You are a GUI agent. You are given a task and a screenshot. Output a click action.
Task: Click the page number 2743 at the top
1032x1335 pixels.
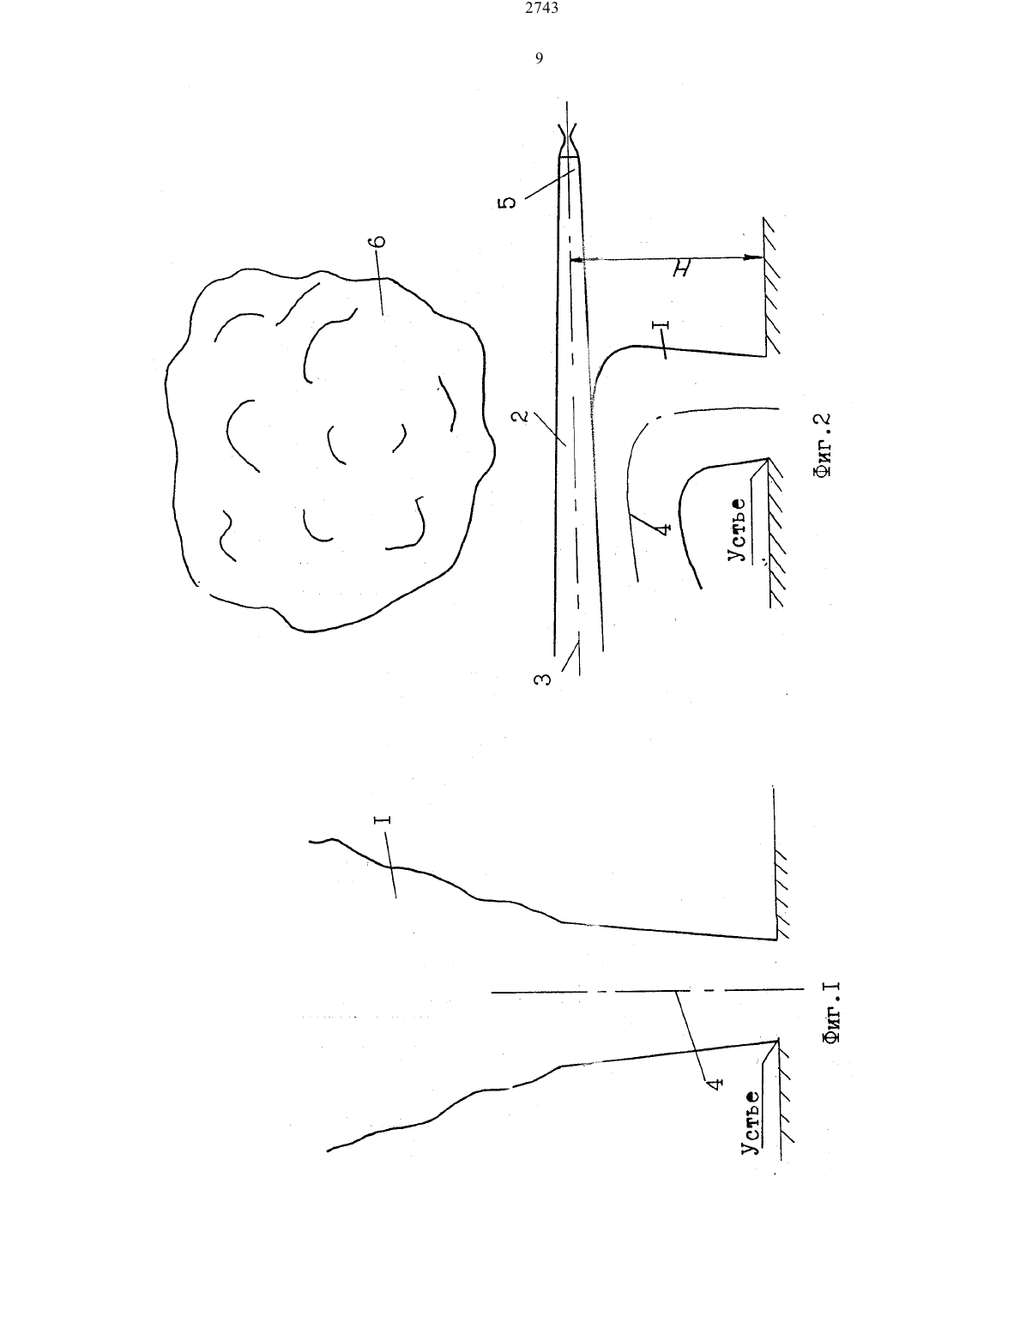click(x=542, y=8)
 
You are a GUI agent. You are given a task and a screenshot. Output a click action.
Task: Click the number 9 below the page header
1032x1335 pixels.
click(x=539, y=58)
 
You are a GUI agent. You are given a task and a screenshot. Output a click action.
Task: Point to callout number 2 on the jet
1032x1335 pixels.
click(x=521, y=415)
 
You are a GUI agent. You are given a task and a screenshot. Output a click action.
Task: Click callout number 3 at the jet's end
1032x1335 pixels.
click(x=542, y=679)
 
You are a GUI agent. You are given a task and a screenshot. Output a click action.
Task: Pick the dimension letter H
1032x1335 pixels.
click(x=680, y=269)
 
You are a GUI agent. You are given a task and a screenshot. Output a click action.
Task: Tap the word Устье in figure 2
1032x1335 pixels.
click(x=737, y=529)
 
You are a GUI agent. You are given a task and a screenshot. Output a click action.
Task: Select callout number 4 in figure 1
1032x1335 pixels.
click(x=715, y=1084)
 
